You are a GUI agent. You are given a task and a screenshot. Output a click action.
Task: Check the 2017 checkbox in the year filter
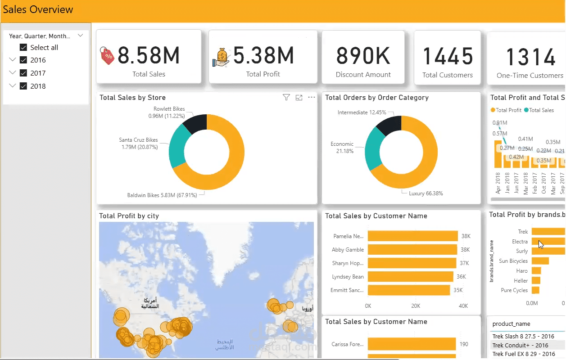[23, 73]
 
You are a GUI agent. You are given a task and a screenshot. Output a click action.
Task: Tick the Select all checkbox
[23, 47]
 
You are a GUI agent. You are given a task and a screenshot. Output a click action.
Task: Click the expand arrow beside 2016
[12, 60]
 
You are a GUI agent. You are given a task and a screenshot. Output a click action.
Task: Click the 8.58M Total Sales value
[149, 56]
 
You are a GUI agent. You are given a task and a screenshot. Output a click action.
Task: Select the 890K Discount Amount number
[363, 56]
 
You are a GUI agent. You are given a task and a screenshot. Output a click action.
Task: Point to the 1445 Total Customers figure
[448, 57]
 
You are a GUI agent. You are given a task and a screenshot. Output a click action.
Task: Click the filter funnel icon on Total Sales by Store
[286, 98]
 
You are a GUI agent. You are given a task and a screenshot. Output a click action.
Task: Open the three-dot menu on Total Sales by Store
[312, 98]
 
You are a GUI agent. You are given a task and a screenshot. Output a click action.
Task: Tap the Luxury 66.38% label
[426, 193]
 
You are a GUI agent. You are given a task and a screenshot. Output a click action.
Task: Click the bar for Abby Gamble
[412, 250]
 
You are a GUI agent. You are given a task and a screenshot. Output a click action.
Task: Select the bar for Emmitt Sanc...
[408, 290]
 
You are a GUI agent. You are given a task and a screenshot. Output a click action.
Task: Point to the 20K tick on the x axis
[416, 306]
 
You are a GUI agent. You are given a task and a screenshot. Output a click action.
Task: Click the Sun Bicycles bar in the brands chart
[540, 261]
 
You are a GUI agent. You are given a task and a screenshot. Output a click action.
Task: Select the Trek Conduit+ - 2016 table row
[521, 345]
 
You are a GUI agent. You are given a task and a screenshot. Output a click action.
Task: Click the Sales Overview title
[38, 9]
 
